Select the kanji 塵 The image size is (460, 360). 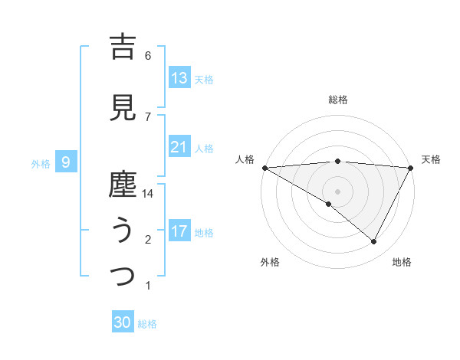point(123,185)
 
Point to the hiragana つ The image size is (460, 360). point(123,276)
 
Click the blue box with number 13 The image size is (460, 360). point(179,78)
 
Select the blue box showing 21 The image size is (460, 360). point(179,147)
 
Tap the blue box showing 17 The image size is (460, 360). point(179,231)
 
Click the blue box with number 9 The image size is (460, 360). point(67,162)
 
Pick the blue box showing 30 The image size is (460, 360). point(123,322)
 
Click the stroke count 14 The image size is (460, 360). point(148,194)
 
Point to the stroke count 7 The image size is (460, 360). point(148,116)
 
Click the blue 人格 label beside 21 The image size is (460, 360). point(204,148)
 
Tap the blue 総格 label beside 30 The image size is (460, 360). point(147,324)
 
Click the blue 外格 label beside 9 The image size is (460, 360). point(41,163)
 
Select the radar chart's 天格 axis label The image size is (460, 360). point(431,159)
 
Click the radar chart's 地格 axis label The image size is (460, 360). point(402,262)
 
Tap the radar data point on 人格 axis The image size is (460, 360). point(264,167)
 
